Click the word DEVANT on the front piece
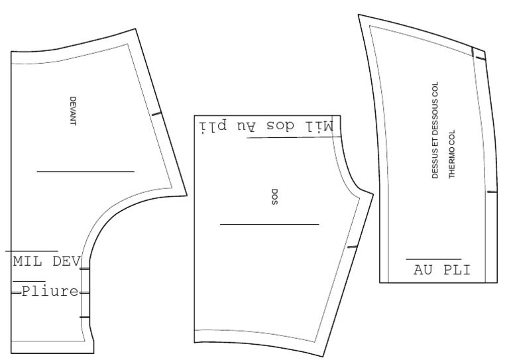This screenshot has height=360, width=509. coord(73,111)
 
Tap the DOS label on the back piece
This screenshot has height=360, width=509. coord(274,197)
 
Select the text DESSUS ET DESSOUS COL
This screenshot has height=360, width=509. coord(435,130)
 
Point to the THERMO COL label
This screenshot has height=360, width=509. coord(452,154)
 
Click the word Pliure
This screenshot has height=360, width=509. coord(50,291)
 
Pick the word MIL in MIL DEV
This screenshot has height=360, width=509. coord(27,261)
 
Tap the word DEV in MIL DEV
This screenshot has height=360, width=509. coord(66,261)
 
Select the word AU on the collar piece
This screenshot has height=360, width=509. coord(423,270)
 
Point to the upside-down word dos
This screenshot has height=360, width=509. coord(280,125)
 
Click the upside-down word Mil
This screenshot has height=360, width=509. coord(319,126)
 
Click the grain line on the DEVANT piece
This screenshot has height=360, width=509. coord(85,171)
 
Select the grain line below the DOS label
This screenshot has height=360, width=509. coord(270,224)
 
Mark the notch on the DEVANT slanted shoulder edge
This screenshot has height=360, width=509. coord(156,114)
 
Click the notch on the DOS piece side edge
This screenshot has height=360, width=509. coord(352,247)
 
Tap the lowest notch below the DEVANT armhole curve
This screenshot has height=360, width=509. coord(85,317)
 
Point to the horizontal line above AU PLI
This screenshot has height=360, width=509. coord(433,259)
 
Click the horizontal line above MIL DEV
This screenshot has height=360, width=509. coord(32,251)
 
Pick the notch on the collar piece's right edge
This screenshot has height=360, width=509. coord(492,192)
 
